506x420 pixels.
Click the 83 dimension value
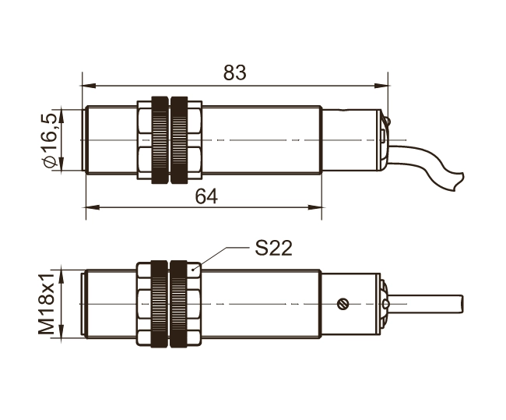234,72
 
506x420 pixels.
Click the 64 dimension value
206,196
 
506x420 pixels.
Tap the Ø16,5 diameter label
50,140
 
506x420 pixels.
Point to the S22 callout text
274,248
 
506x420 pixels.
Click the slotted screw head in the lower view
343,304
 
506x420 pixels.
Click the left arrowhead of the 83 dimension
89,86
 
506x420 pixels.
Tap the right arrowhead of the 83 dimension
381,86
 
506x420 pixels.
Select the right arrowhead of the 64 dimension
315,207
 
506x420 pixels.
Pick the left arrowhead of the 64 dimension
93,207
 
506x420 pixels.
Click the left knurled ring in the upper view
160,140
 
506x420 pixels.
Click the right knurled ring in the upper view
179,140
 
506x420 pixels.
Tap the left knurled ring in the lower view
160,304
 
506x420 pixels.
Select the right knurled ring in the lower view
178,304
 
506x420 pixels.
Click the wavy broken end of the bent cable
459,182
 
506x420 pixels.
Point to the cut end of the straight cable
462,304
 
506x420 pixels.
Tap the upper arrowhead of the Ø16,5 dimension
62,116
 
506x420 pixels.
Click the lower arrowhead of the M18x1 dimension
62,332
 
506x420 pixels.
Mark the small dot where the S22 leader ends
193,269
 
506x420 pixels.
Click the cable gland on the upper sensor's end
385,140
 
